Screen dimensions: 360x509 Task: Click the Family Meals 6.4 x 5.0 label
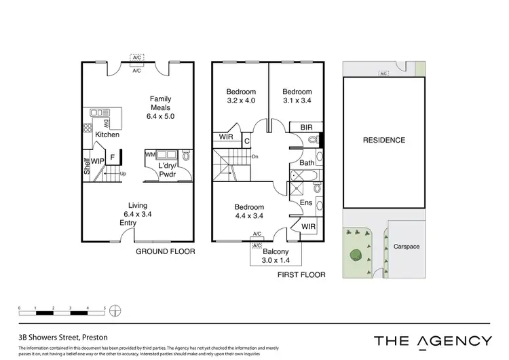[161, 107]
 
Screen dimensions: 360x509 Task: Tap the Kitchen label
[107, 135]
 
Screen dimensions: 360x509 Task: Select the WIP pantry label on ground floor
[98, 161]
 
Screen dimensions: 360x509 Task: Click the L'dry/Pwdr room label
[167, 170]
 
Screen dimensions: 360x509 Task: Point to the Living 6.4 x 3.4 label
[138, 211]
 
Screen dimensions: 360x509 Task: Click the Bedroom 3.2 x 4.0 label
[241, 96]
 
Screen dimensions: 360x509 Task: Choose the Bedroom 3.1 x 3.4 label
[297, 96]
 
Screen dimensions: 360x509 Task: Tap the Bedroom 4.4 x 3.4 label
[250, 211]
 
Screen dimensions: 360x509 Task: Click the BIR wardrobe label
[305, 126]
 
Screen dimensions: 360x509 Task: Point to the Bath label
[307, 163]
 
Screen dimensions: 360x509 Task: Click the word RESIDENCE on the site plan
[384, 141]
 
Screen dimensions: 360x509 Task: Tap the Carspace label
[408, 247]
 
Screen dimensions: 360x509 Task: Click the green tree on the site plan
[355, 255]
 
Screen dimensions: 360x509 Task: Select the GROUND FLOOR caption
[166, 251]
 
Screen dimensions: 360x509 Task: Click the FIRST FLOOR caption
[301, 275]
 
